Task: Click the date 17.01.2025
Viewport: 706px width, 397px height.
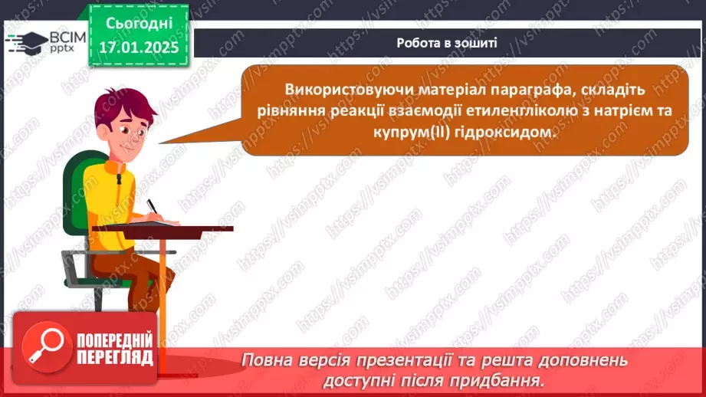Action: pyautogui.click(x=139, y=46)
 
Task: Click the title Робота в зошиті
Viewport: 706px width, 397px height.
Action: pyautogui.click(x=447, y=43)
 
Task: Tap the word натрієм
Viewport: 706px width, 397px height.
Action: pyautogui.click(x=626, y=110)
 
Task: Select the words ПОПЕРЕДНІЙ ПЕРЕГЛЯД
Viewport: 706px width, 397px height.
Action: pyautogui.click(x=114, y=346)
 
